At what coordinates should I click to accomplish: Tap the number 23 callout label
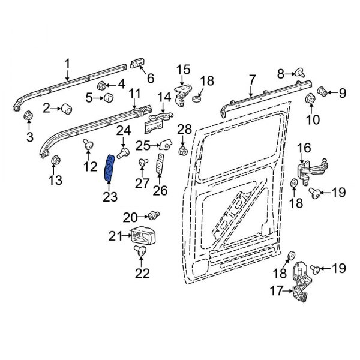110,197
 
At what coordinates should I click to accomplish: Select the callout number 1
67,63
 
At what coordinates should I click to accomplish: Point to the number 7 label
251,79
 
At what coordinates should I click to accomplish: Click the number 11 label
134,94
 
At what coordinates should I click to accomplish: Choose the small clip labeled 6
137,63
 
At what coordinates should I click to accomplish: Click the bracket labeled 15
183,93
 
